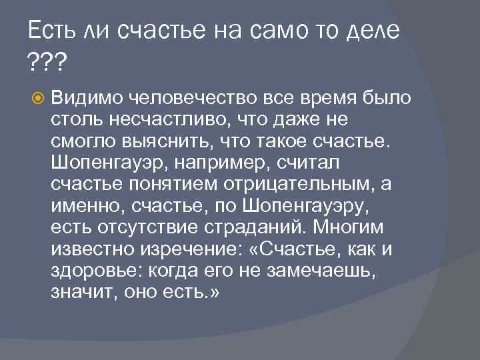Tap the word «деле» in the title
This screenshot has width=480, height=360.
[371, 31]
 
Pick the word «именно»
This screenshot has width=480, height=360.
[83, 208]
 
